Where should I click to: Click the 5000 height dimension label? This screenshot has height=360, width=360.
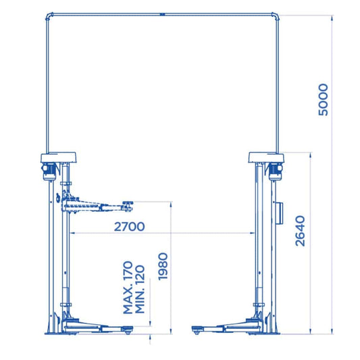pyautogui.click(x=324, y=100)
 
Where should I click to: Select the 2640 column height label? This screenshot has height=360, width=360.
pyautogui.click(x=300, y=231)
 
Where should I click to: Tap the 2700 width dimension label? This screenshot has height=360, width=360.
pyautogui.click(x=130, y=227)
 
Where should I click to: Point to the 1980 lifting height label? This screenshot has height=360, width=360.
pyautogui.click(x=163, y=267)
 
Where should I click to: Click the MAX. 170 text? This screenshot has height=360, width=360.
pyautogui.click(x=128, y=288)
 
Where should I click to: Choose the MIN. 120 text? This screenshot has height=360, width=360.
pyautogui.click(x=140, y=289)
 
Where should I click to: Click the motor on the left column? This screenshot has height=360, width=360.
pyautogui.click(x=49, y=171)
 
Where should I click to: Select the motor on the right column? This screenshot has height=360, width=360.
pyautogui.click(x=275, y=171)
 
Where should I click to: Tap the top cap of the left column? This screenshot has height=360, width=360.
pyautogui.click(x=58, y=157)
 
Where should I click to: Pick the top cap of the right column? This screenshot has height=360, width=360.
pyautogui.click(x=266, y=157)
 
